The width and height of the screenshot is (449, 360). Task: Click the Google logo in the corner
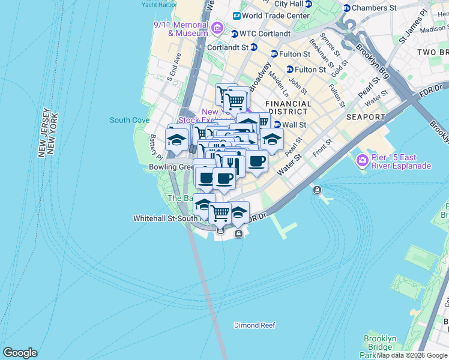20,353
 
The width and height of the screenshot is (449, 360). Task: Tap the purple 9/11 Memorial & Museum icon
217,28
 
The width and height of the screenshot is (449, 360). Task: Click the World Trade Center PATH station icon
237,16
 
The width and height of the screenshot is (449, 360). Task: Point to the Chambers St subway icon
346,8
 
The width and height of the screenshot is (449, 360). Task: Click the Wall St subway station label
294,125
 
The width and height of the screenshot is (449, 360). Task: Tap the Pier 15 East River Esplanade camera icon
362,160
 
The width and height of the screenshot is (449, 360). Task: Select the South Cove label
130,120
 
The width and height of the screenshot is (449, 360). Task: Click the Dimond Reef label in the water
255,325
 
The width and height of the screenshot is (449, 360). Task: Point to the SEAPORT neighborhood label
365,116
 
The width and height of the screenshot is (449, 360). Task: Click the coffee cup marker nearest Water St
256,161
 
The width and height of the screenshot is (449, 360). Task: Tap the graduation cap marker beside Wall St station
271,139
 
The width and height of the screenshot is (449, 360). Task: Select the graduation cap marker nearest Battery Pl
176,140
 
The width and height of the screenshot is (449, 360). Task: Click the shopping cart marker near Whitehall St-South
220,212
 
